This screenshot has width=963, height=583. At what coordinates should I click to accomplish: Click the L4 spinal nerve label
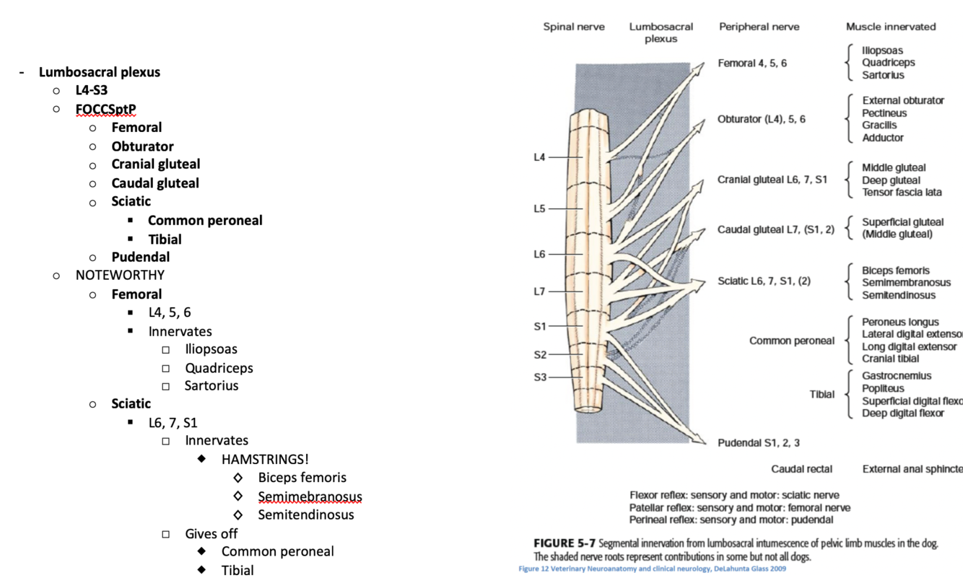539,157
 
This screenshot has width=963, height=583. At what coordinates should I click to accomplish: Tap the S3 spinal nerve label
540,377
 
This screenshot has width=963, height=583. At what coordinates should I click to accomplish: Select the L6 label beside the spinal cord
539,254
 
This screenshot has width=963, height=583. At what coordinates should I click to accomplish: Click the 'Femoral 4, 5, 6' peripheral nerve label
752,63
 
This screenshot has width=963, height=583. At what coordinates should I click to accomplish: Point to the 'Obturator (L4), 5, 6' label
761,119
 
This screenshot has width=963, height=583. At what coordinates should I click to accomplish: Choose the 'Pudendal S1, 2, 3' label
758,442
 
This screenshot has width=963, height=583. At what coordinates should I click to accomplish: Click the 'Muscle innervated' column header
891,27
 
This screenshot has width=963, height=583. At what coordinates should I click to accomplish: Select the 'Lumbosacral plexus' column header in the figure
661,32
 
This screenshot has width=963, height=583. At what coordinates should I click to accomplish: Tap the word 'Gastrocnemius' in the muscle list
897,376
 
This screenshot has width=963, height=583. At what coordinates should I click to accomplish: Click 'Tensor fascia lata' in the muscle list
902,193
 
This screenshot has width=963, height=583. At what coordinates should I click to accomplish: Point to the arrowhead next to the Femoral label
697,68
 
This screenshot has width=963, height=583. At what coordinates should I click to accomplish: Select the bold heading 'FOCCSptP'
105,110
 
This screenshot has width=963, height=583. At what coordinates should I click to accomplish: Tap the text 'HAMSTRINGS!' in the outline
265,459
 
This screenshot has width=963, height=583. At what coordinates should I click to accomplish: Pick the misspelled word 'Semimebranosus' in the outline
310,496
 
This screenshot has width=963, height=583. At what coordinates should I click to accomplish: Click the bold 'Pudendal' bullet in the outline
141,257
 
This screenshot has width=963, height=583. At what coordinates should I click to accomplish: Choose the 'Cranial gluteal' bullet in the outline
156,165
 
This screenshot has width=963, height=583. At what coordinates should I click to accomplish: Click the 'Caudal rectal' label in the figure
801,469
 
